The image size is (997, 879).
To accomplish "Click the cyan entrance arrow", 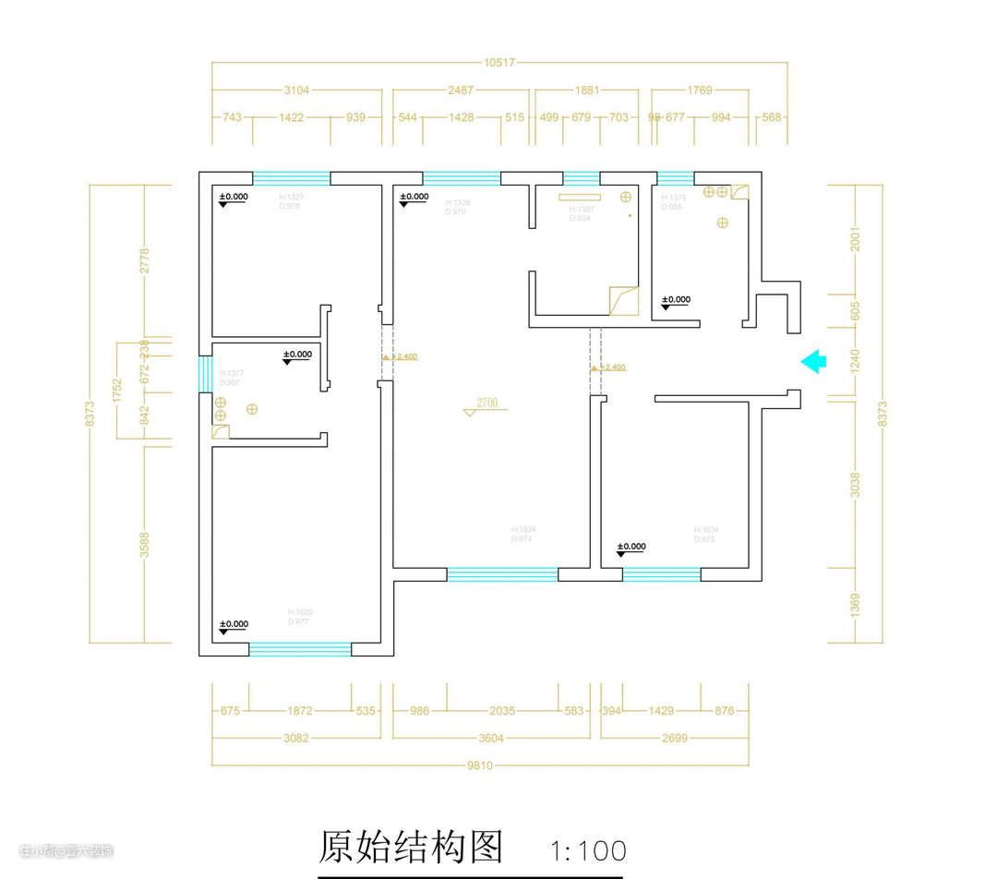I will [813, 361].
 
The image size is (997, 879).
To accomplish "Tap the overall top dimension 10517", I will [498, 63].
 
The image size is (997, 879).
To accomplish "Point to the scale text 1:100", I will [588, 850].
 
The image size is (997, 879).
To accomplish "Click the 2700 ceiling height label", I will [486, 403].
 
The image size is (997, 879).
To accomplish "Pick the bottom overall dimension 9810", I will [479, 765].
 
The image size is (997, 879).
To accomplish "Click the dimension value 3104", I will [296, 90].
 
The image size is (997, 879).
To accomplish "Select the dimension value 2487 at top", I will [461, 90].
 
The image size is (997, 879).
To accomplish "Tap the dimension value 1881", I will [587, 90].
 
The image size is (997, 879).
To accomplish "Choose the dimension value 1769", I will [700, 90].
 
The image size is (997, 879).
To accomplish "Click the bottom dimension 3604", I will [490, 738].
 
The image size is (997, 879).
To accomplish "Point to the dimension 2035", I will [502, 711].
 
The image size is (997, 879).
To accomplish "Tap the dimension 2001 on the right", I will [855, 240].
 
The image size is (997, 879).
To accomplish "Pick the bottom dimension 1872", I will [300, 711].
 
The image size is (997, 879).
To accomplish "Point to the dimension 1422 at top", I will [296, 117].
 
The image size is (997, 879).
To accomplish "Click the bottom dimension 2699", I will [675, 738].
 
